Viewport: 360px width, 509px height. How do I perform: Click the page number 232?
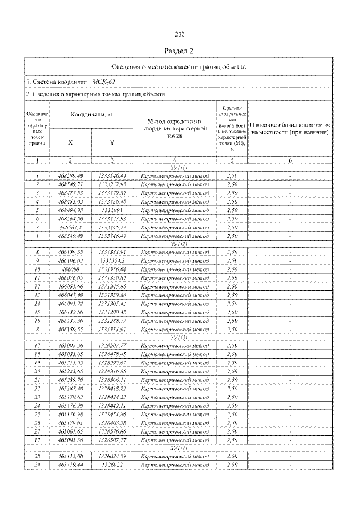tap(179, 34)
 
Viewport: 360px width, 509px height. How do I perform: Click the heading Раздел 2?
tap(179, 51)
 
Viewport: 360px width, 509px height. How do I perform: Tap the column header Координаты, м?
tap(91, 115)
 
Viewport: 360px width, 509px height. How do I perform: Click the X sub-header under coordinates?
tap(70, 142)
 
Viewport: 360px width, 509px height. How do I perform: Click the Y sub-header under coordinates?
tap(112, 142)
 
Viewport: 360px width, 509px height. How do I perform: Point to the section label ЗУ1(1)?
tap(179, 168)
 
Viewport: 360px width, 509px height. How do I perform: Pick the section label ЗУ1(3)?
tap(179, 337)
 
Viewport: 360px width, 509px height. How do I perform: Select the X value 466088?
tap(70, 269)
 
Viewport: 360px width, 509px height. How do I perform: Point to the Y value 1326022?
tap(112, 465)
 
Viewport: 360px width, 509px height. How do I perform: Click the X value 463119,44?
tap(70, 465)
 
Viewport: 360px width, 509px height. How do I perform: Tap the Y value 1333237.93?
tap(112, 183)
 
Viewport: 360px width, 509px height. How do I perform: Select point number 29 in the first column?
tap(37, 465)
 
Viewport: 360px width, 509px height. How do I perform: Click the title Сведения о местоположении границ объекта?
tap(179, 67)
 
